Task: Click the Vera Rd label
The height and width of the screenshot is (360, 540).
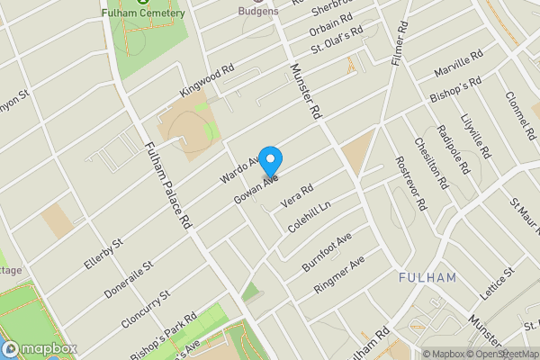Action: coord(297,195)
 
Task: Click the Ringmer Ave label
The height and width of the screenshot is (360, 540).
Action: coord(338,274)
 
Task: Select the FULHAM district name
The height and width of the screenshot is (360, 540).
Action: coord(427,277)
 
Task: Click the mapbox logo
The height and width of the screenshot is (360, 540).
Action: coord(39,348)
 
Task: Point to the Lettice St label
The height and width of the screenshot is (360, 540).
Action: coord(496,283)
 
